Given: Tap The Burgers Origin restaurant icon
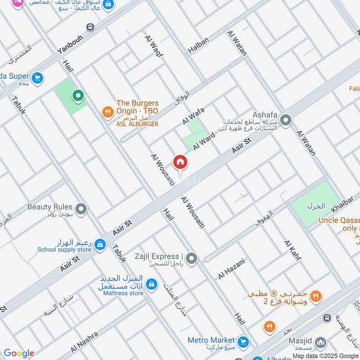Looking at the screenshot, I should pyautogui.click(x=107, y=112).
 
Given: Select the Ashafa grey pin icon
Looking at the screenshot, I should pyautogui.click(x=285, y=121).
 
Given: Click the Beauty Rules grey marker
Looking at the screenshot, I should pyautogui.click(x=81, y=209).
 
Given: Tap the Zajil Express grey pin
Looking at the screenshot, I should pyautogui.click(x=192, y=258).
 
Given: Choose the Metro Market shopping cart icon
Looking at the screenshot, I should pyautogui.click(x=243, y=342).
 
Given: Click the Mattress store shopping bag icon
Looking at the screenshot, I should pyautogui.click(x=152, y=284).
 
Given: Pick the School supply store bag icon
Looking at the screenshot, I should pyautogui.click(x=100, y=245).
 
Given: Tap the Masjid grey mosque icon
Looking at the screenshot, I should pyautogui.click(x=320, y=344).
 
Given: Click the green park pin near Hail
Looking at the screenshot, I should pyautogui.click(x=78, y=95).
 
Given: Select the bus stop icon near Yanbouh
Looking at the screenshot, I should pyautogui.click(x=91, y=27).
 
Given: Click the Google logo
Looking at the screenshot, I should pyautogui.click(x=18, y=353).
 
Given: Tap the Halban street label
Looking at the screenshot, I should pyautogui.click(x=198, y=45).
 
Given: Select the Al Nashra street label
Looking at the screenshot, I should pyautogui.click(x=84, y=342).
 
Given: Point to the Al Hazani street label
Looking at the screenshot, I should pyautogui.click(x=231, y=269).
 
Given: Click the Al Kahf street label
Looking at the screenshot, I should pyautogui.click(x=292, y=250).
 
